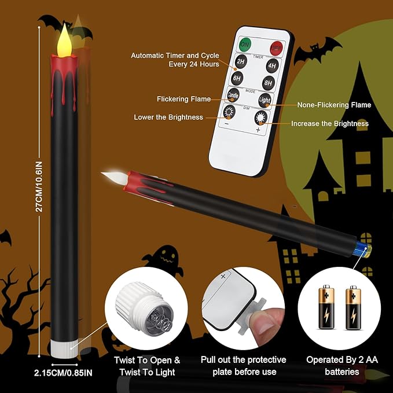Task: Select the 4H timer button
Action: tap(271, 65)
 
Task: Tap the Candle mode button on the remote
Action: tap(233, 96)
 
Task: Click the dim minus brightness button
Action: tap(229, 112)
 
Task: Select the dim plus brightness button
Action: tap(260, 117)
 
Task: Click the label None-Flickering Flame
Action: tap(334, 105)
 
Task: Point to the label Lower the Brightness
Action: tap(168, 117)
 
